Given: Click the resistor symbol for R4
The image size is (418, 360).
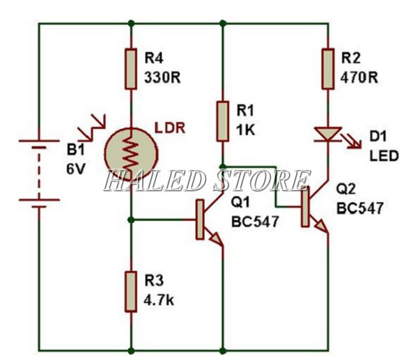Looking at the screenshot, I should point(130,69).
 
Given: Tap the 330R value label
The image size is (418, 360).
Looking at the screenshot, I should point(162,77).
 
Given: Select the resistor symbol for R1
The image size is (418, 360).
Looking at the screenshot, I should point(222,120).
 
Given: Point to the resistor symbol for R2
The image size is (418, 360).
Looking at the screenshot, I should point(326,68).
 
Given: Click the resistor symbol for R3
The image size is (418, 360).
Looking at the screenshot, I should point(130,290).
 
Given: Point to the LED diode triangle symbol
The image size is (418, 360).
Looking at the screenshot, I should point(326,134).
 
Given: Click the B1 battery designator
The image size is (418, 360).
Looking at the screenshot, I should point(75,150).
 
